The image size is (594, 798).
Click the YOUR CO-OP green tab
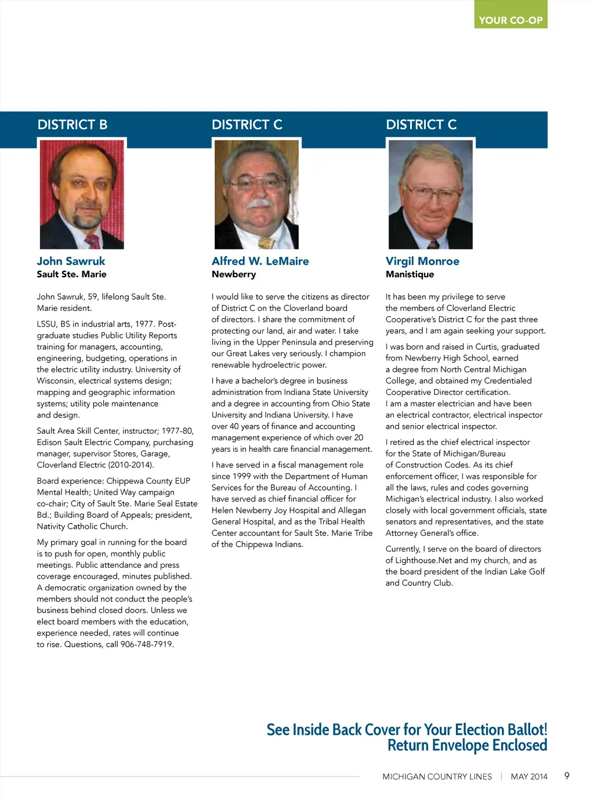tap(510, 20)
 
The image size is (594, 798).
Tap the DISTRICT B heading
tap(73, 125)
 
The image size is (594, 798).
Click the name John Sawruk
tap(71, 261)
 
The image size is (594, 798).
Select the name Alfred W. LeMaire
tap(260, 261)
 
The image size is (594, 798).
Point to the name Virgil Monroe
tap(422, 261)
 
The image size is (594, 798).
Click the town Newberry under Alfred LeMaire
tap(234, 274)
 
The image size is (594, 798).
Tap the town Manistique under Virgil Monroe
tap(410, 274)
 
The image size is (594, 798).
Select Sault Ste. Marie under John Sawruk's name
tap(71, 274)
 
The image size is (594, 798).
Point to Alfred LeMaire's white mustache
tap(257, 204)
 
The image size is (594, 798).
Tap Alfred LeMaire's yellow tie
tap(266, 242)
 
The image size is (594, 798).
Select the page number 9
tap(567, 776)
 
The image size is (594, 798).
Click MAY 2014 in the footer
tap(529, 777)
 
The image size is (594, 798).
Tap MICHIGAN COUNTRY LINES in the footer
tap(437, 777)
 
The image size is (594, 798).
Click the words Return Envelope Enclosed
tap(467, 745)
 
